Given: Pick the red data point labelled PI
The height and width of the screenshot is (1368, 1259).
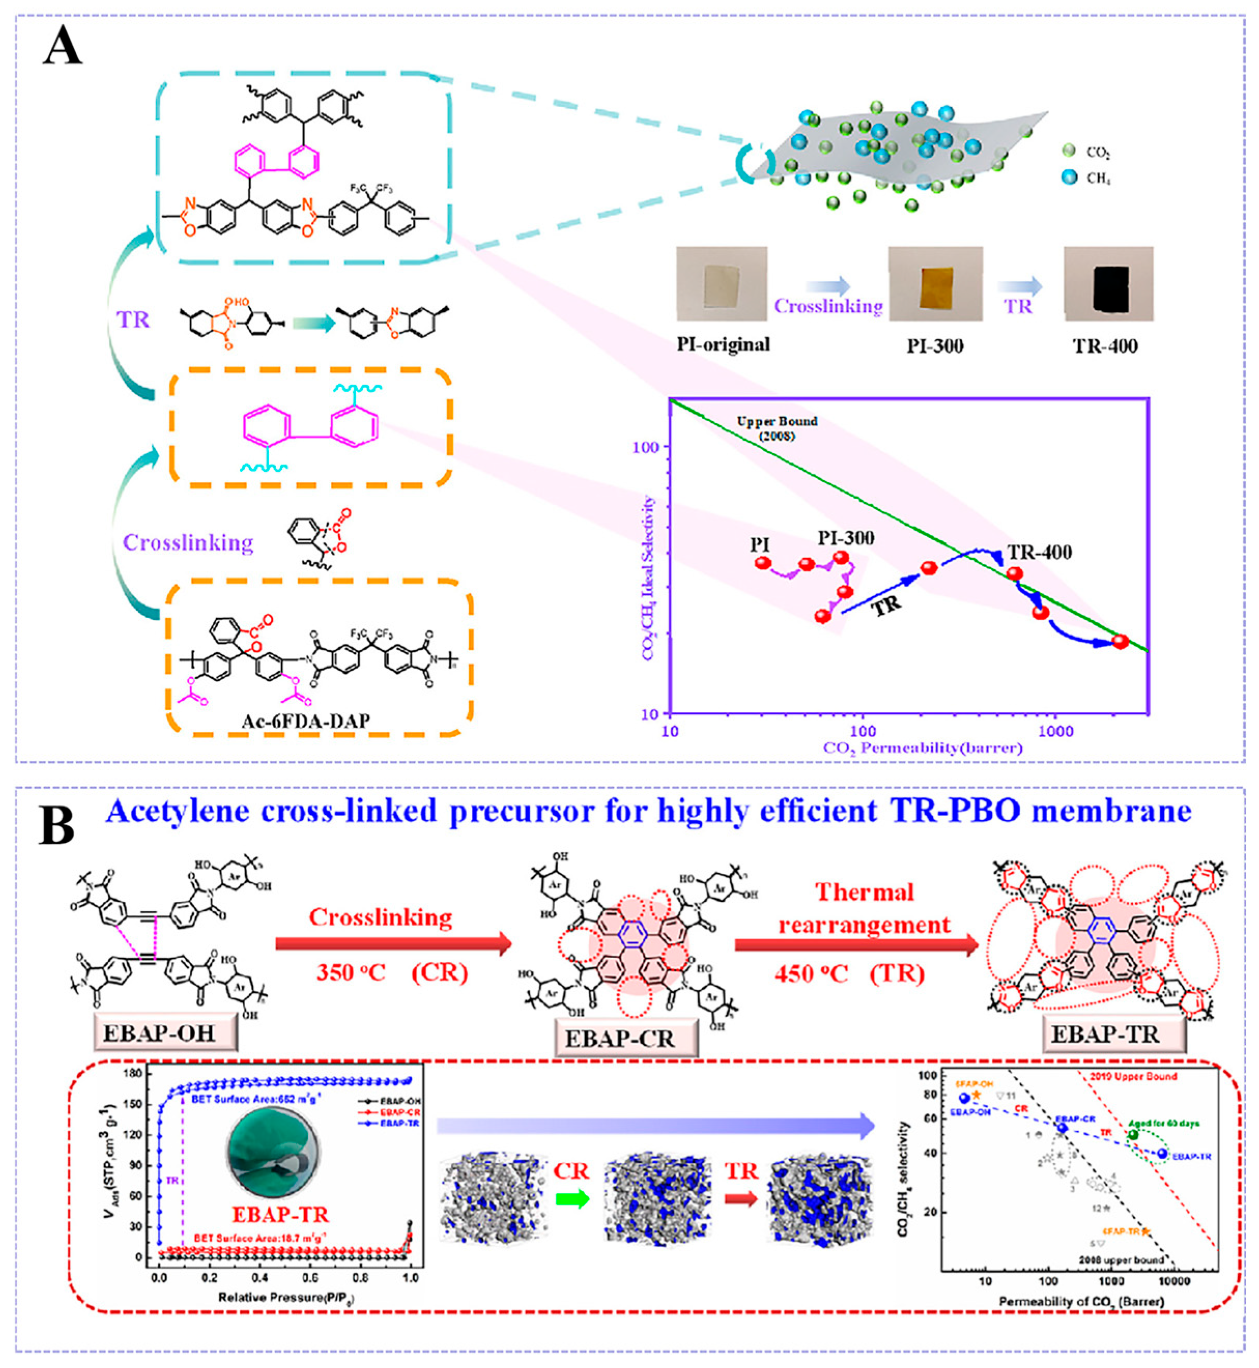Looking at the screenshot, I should pyautogui.click(x=762, y=563).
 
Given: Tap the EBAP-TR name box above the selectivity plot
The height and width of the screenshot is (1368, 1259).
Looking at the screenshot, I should pyautogui.click(x=1104, y=1034).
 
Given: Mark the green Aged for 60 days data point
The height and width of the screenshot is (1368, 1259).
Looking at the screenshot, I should pyautogui.click(x=1133, y=1134).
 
